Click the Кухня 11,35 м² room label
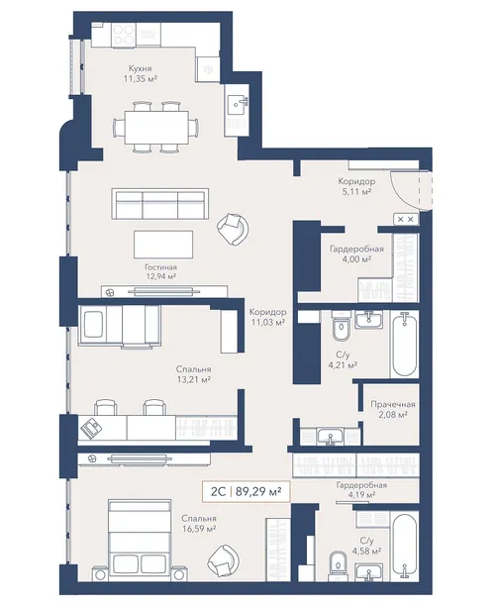(x=140, y=73)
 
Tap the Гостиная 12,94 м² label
(x=161, y=271)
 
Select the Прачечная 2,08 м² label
(x=393, y=409)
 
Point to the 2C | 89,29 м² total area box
(x=246, y=491)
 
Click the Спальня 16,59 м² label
(x=199, y=523)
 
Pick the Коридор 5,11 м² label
(x=356, y=185)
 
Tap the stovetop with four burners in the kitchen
(x=124, y=35)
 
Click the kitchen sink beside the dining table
(x=237, y=103)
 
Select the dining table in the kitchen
(x=156, y=127)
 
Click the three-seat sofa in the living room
(x=160, y=204)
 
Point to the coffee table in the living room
(x=163, y=245)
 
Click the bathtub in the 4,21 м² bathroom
(x=404, y=345)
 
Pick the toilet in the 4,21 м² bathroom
(x=342, y=326)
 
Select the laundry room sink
(x=330, y=437)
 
